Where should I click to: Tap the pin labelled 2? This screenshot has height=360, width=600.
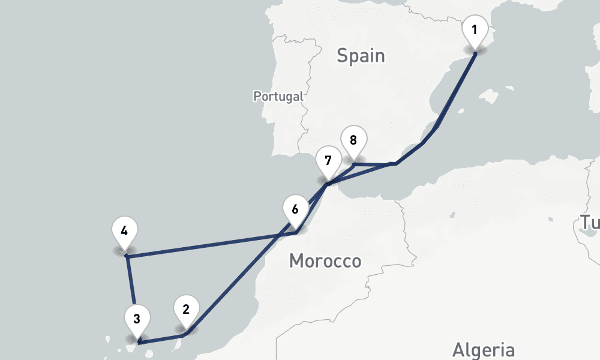point(186,310)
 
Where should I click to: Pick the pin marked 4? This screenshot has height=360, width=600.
point(124,232)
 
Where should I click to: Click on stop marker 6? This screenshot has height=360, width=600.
point(295,210)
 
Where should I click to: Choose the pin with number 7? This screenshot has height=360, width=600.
point(328,161)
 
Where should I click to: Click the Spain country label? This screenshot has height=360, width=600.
point(360,56)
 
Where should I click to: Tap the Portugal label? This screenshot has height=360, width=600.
point(278,96)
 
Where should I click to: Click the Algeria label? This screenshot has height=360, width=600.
point(483,350)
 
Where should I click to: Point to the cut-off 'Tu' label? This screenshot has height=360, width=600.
point(589,223)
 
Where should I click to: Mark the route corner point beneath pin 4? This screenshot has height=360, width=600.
point(127,256)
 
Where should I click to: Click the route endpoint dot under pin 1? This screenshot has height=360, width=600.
point(475,53)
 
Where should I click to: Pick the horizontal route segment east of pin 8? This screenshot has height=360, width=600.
point(375,163)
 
